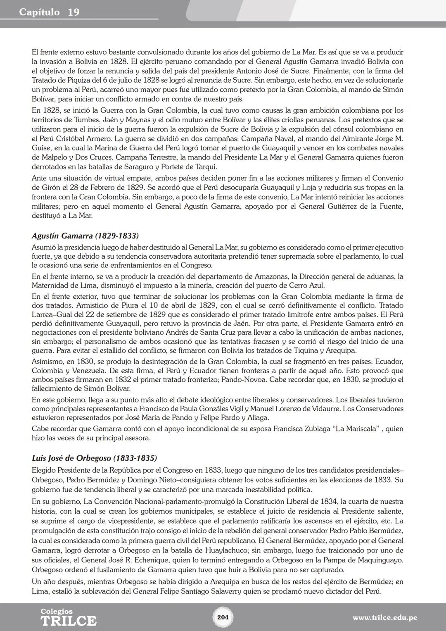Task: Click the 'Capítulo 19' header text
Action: tap(49, 12)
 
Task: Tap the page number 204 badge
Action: tap(223, 617)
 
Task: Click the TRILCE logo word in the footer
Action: tap(68, 621)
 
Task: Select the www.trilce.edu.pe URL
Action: tap(384, 618)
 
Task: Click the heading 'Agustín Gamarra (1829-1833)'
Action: tap(85, 236)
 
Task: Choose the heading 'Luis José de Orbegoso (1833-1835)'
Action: tap(94, 458)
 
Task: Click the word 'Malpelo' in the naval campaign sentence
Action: tap(55, 157)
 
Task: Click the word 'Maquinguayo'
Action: tap(377, 560)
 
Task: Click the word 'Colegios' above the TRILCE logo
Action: tap(57, 611)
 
